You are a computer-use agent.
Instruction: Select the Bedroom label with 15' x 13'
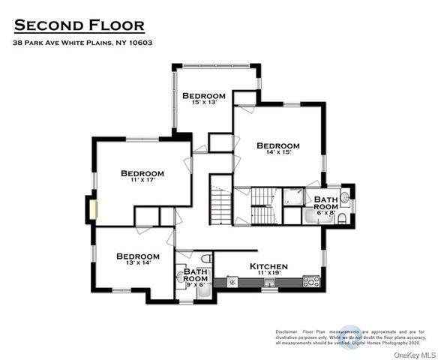tap(203, 95)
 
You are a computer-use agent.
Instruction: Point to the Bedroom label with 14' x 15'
tap(277, 145)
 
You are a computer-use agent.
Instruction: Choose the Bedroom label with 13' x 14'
tap(137, 256)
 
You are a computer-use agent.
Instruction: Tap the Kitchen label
tap(268, 266)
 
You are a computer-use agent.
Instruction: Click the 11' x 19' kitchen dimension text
tap(268, 274)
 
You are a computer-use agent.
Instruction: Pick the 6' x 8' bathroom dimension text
tap(325, 212)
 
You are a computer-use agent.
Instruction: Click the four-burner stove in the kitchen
tap(311, 283)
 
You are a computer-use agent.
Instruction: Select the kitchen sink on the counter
tap(232, 283)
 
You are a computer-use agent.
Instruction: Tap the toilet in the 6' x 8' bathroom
tap(342, 218)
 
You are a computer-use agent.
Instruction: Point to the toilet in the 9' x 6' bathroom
tap(207, 257)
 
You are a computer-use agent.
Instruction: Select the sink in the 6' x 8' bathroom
tap(345, 198)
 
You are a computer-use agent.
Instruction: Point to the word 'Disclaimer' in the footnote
tap(287, 331)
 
